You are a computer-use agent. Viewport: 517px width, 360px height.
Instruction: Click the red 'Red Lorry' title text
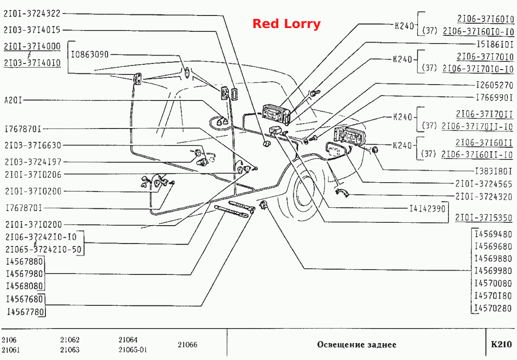(x=286, y=24)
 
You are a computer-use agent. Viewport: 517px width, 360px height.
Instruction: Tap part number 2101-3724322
(x=32, y=14)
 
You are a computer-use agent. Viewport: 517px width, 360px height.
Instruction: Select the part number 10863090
(x=90, y=55)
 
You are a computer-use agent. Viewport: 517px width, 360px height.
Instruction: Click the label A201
(x=13, y=100)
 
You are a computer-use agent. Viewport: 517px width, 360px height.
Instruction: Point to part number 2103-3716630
(x=33, y=145)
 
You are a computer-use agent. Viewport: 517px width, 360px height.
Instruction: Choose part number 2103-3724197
(x=33, y=162)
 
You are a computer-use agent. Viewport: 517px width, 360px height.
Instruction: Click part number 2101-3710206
(x=33, y=174)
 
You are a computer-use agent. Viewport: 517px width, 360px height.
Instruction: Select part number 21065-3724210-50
(x=43, y=249)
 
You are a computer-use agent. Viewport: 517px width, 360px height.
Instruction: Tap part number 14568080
(x=25, y=286)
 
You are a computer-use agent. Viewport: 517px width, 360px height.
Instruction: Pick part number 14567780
(x=26, y=312)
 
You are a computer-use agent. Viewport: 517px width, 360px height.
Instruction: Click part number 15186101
(x=495, y=44)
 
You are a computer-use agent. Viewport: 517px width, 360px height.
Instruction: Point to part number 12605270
(x=495, y=86)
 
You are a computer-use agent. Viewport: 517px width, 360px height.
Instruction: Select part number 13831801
(x=494, y=171)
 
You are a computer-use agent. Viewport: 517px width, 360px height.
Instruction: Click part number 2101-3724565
(x=484, y=184)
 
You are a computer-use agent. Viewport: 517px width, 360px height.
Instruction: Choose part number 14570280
(x=493, y=308)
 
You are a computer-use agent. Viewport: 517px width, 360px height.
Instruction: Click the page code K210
(x=501, y=345)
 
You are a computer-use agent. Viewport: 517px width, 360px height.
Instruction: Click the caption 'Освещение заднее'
(x=357, y=345)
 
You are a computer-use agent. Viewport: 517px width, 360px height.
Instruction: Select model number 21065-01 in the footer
(x=133, y=350)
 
